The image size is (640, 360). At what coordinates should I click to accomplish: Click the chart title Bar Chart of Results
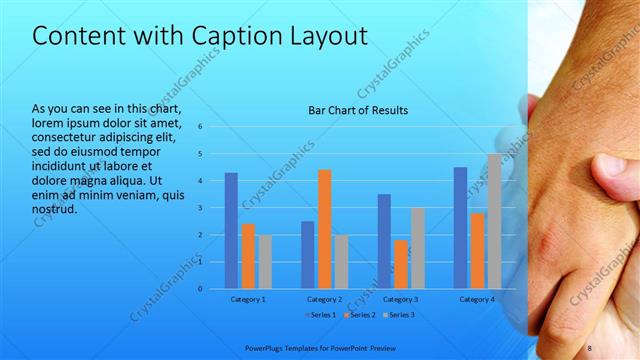(x=358, y=110)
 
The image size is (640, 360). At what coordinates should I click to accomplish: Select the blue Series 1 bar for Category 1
(x=231, y=230)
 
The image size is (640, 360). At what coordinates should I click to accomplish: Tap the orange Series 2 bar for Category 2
(x=324, y=229)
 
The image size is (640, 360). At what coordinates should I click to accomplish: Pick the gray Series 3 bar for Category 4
(x=494, y=221)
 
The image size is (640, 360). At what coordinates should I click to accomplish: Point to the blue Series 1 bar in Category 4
(x=460, y=228)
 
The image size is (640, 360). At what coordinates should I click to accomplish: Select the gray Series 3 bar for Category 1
(x=264, y=261)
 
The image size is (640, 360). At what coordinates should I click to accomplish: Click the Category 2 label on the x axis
(x=325, y=299)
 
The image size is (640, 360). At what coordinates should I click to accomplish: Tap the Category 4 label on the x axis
(x=477, y=299)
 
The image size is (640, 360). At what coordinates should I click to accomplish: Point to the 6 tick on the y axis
(x=201, y=127)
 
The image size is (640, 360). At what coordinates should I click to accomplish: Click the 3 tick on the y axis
(x=201, y=208)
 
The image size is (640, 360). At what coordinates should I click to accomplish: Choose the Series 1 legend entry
(x=323, y=315)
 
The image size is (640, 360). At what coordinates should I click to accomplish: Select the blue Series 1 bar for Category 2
(x=307, y=255)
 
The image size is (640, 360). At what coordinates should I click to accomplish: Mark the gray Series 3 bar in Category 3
(x=418, y=248)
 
